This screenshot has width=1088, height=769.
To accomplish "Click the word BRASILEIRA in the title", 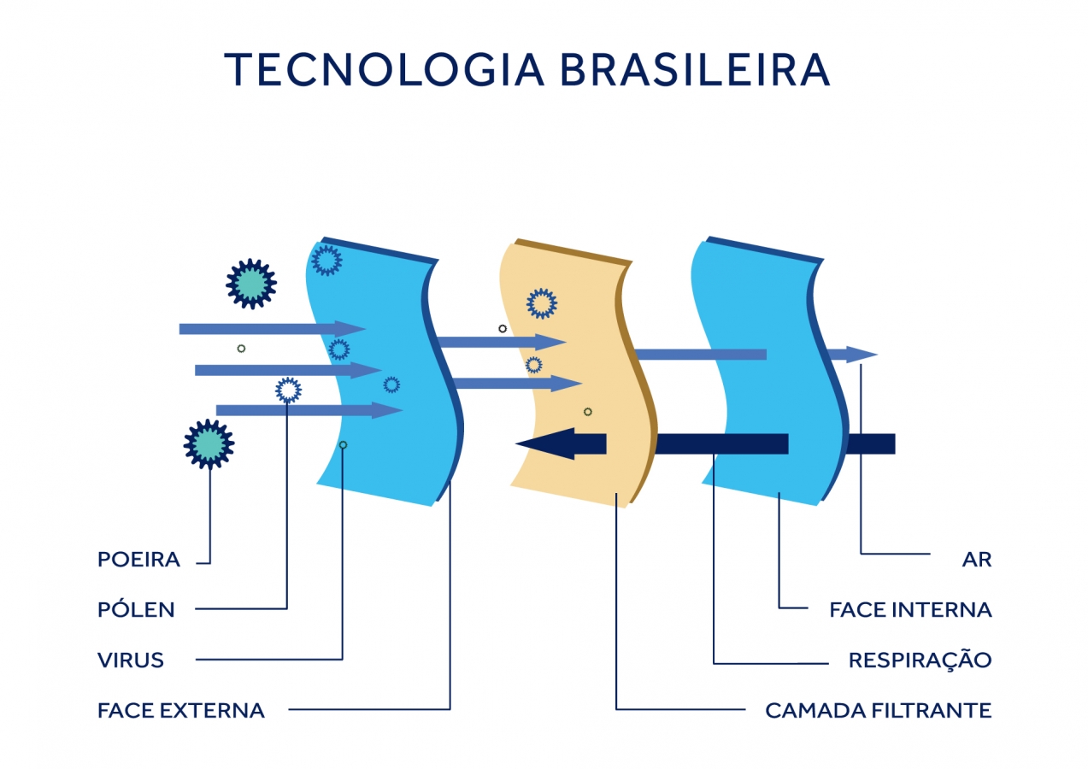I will click(x=695, y=70).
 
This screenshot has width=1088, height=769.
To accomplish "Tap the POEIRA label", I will click(x=138, y=560).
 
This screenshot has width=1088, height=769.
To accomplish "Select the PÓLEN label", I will click(x=136, y=609).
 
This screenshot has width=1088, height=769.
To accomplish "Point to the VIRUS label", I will click(x=131, y=660).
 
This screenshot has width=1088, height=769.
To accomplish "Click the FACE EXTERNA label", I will click(x=181, y=710).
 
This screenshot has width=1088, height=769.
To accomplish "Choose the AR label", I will click(x=976, y=560).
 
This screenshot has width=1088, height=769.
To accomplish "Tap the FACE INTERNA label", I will click(x=910, y=609).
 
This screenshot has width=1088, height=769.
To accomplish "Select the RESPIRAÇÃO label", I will click(x=920, y=660).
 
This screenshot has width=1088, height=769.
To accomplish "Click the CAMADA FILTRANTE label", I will click(x=878, y=710).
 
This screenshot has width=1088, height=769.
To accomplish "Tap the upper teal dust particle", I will click(x=251, y=284).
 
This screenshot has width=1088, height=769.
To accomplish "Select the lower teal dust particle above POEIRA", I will click(x=209, y=444).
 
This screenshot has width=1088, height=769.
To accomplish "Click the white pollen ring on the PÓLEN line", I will click(x=288, y=390).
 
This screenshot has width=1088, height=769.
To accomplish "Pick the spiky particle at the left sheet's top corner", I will click(x=326, y=260).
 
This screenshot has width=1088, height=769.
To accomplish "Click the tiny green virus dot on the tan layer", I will click(x=588, y=412).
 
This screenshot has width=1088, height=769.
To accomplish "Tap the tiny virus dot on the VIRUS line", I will click(x=343, y=444).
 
